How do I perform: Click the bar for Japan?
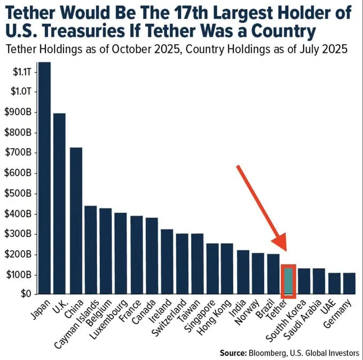(44, 178)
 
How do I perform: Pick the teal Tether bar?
(289, 281)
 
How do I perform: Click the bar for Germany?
(350, 284)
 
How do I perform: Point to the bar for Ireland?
(167, 262)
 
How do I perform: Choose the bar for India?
(243, 272)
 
